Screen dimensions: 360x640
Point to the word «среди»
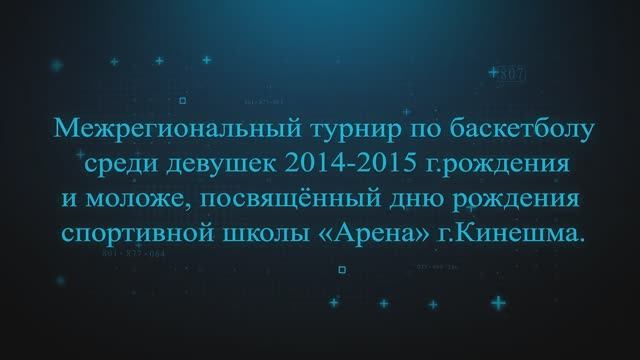click(104, 165)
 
